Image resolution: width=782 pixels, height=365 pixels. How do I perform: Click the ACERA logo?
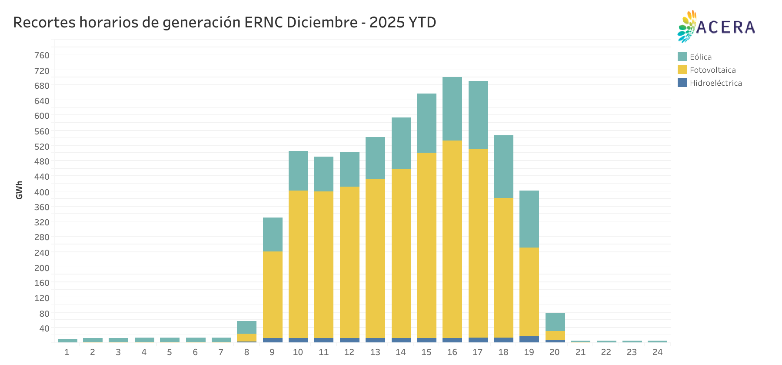pos(716,27)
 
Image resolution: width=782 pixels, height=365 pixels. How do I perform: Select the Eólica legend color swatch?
pos(682,57)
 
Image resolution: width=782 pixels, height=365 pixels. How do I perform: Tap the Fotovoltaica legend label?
pos(712,70)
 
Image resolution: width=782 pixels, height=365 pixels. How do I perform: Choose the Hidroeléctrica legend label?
pos(715,83)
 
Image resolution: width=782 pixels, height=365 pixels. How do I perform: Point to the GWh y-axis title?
pos(19,190)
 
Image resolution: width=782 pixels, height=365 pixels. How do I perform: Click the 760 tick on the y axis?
pos(42,55)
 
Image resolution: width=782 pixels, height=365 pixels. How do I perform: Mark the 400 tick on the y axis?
pos(42,192)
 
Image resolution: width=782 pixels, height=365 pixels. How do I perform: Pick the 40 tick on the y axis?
pos(44,328)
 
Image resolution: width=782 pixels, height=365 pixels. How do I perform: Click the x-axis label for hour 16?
pos(452,352)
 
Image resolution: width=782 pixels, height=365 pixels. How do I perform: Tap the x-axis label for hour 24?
pos(657,352)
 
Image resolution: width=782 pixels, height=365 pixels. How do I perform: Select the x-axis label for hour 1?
pos(67,352)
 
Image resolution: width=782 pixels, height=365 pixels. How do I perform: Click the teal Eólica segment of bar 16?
pos(452,109)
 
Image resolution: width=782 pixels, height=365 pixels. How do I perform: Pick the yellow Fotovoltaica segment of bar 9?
pos(273,295)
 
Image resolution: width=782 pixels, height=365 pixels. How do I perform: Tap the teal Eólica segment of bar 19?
pos(529,219)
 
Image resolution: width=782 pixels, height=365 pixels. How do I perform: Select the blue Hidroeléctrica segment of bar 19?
pos(529,339)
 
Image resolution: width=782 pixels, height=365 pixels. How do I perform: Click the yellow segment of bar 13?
pos(375,258)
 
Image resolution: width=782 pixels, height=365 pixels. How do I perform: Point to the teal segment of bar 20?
pos(555,322)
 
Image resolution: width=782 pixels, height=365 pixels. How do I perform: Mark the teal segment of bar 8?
pos(246,327)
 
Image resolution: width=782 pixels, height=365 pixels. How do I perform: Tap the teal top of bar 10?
pos(298,170)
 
